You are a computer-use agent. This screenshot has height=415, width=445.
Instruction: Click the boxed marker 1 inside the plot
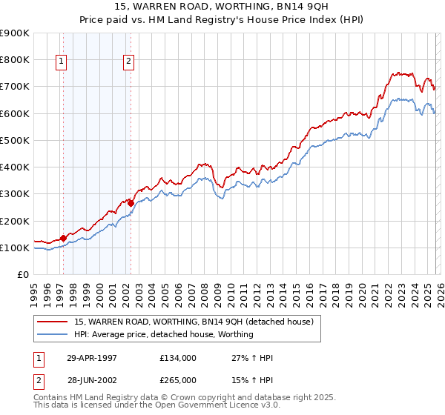click(61, 62)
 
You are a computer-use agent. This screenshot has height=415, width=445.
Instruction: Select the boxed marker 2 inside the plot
click(128, 62)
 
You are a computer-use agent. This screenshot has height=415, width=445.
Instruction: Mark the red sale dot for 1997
click(63, 238)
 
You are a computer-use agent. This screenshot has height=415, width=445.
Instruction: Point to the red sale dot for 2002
click(131, 202)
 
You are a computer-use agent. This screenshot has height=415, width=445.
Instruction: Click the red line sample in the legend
click(53, 322)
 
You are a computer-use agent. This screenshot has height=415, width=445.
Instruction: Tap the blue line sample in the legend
click(53, 334)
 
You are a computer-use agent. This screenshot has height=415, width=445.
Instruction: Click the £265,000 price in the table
click(178, 379)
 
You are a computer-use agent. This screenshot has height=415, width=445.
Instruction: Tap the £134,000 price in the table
click(178, 357)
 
